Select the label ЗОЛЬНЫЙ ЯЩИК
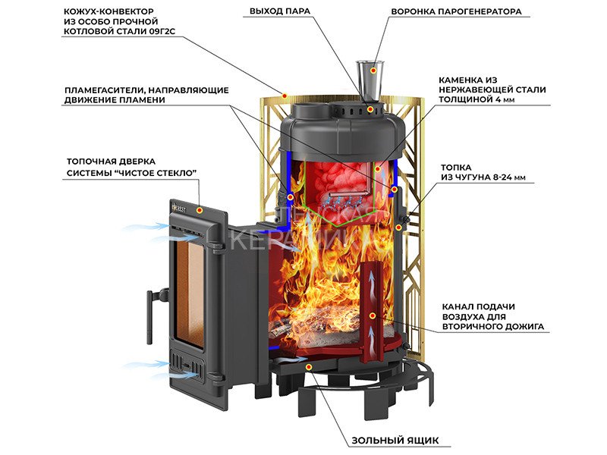(395, 441)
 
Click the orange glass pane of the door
(190, 287)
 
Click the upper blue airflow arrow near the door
(144, 226)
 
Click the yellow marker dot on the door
(200, 209)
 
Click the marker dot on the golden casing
(284, 96)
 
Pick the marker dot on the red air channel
(373, 313)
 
